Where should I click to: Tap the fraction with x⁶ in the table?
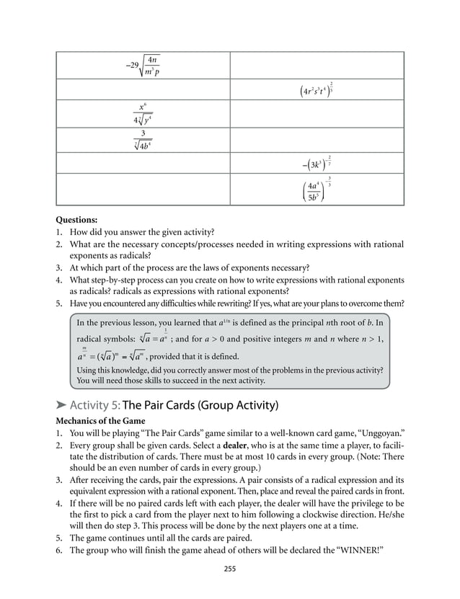pyautogui.click(x=142, y=114)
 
